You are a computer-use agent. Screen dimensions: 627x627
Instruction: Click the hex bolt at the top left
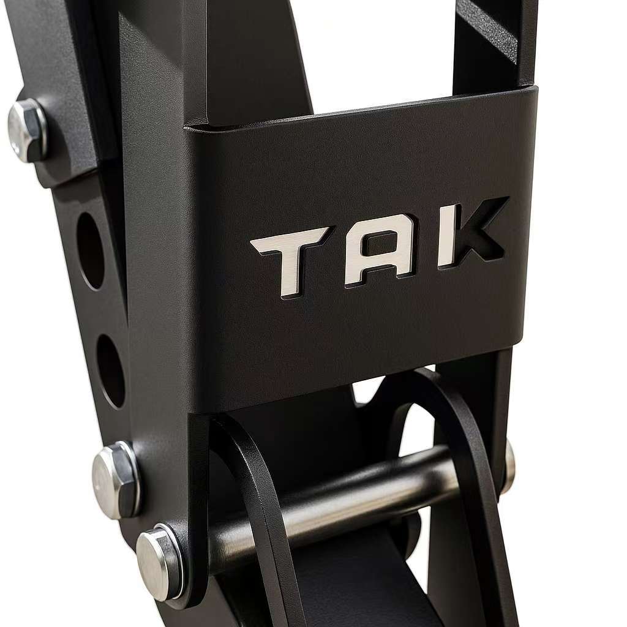click(x=27, y=130)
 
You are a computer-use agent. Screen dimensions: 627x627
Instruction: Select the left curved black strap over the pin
click(x=257, y=502)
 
